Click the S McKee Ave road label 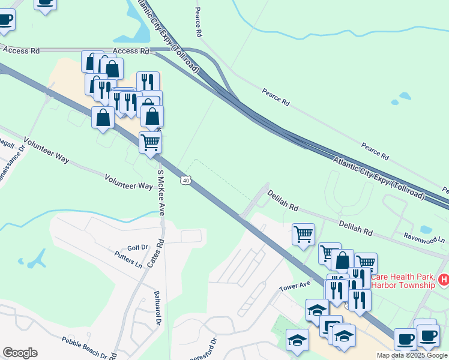(161, 193)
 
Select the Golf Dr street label (137, 247)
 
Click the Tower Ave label (294, 287)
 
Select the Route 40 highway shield (187, 180)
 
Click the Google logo (20, 353)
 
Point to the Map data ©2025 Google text (412, 355)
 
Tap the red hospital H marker (443, 280)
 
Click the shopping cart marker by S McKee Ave (150, 143)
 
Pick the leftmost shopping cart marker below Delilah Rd (304, 235)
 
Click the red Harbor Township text (402, 285)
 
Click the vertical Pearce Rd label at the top (197, 20)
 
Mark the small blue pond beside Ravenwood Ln (426, 229)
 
